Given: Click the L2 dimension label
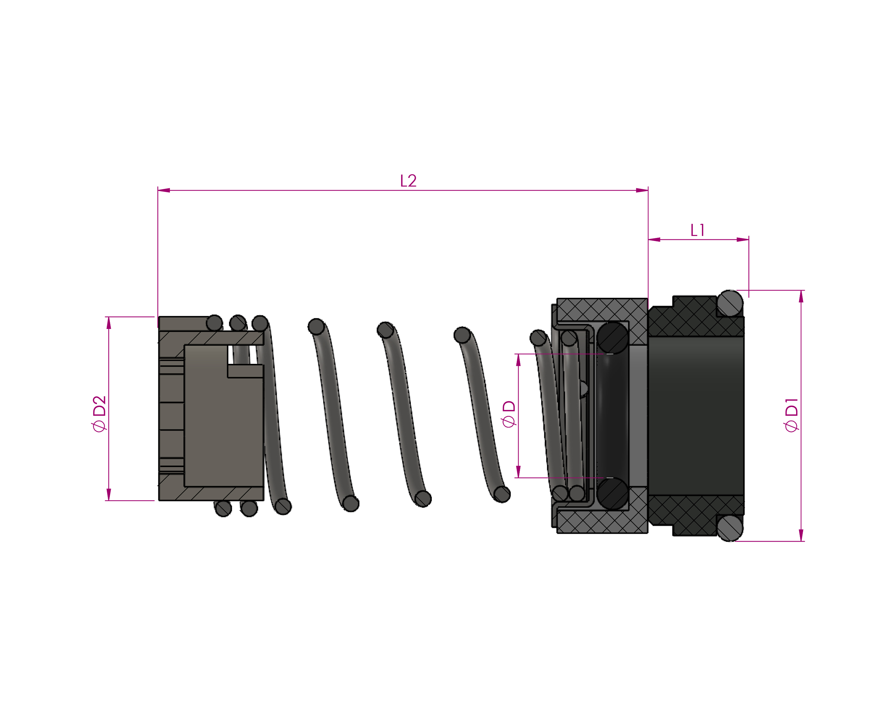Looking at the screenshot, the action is click(408, 181).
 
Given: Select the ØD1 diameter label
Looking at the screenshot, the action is click(791, 415).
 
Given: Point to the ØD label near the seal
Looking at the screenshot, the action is click(509, 414).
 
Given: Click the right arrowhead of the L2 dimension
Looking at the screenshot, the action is click(642, 190).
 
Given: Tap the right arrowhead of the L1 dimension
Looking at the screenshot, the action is click(743, 239).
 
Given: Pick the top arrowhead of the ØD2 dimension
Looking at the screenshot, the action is click(109, 323).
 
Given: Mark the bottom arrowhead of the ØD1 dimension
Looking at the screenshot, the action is click(801, 535).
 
